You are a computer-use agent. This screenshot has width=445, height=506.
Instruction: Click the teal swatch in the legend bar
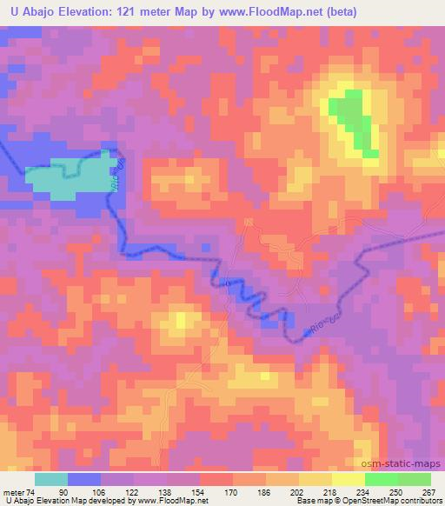point(51,479)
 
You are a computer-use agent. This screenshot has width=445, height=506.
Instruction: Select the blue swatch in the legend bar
point(84,479)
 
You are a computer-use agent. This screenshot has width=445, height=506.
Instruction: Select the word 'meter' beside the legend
point(15,493)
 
